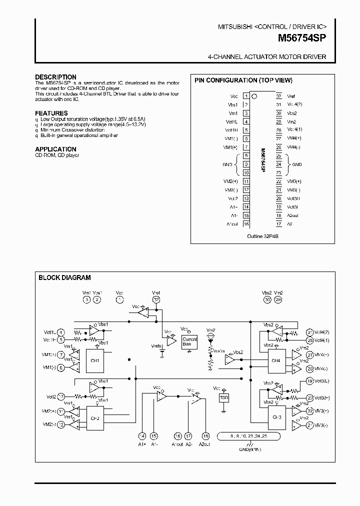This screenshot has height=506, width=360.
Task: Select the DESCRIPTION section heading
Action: (x=55, y=77)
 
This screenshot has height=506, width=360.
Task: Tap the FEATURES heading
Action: (x=51, y=113)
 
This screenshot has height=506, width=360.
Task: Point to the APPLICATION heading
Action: (x=55, y=149)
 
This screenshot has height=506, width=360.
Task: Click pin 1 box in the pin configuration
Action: (x=246, y=96)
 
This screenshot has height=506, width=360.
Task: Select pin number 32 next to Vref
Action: (x=278, y=96)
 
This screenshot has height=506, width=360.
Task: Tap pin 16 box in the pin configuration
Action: (x=246, y=224)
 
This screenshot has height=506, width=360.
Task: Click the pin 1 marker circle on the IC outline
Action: (x=254, y=96)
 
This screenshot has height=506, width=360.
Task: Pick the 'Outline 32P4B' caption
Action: (x=262, y=235)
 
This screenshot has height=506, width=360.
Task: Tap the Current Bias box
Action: (x=189, y=341)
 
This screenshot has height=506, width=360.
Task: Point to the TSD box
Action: (x=223, y=398)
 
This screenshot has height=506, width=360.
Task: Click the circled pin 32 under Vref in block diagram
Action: (x=156, y=299)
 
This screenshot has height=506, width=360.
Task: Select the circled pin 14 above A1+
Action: (x=142, y=435)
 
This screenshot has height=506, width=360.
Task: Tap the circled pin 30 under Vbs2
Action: (x=267, y=299)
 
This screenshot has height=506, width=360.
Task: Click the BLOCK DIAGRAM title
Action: (x=64, y=277)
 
